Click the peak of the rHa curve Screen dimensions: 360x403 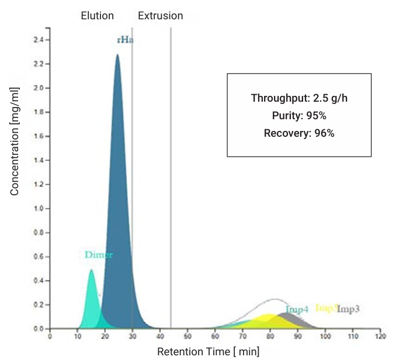[117, 56]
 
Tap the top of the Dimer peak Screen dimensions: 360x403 [91, 271]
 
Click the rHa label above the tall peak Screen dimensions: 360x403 [123, 40]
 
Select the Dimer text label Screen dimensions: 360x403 [99, 255]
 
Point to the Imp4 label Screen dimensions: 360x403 [297, 310]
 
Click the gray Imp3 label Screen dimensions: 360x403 [348, 309]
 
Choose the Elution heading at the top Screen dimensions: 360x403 [97, 16]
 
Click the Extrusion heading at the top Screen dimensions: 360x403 [160, 16]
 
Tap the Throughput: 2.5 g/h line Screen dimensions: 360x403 [299, 98]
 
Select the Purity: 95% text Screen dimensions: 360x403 [299, 115]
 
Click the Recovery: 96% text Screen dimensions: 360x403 [299, 133]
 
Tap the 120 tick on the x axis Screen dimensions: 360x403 [380, 337]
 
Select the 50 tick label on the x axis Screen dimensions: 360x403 [187, 337]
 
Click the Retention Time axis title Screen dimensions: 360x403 [208, 351]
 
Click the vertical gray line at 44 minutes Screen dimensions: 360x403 [171, 175]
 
